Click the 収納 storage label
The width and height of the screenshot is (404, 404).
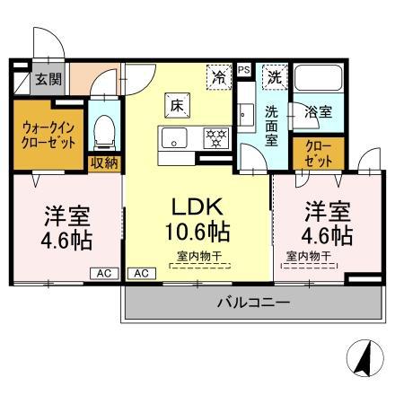coord(103,162)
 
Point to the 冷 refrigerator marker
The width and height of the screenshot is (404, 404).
coord(218,77)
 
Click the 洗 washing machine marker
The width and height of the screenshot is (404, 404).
coord(272,77)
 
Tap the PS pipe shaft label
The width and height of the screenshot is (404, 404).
coord(244,69)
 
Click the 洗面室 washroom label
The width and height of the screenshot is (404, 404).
coord(271,126)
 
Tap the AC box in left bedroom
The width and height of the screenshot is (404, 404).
coord(103,272)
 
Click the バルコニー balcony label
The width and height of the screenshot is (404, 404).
coord(253,303)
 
